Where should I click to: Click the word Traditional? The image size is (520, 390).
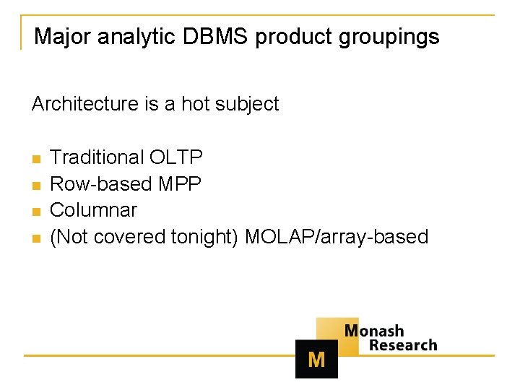point(97,157)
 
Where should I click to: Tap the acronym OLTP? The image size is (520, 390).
point(176,157)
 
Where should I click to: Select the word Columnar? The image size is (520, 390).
point(93,210)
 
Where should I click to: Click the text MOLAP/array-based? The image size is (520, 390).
point(337,237)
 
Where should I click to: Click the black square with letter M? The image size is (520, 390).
point(316,359)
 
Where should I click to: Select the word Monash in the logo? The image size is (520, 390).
point(373,331)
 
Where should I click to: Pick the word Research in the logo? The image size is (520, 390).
point(403,345)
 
